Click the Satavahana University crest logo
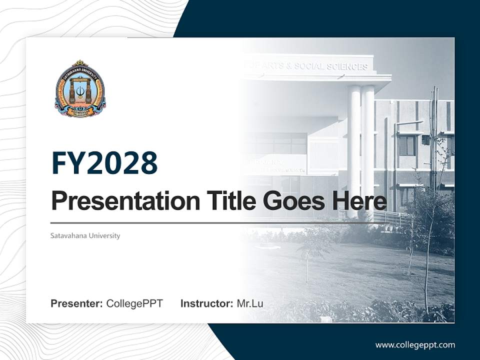80,89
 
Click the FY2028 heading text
104,163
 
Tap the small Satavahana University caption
85,235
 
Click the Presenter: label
76,303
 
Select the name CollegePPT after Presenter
134,303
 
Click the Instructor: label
206,303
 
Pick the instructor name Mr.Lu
250,303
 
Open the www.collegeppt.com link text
415,344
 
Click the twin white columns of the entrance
361,145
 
